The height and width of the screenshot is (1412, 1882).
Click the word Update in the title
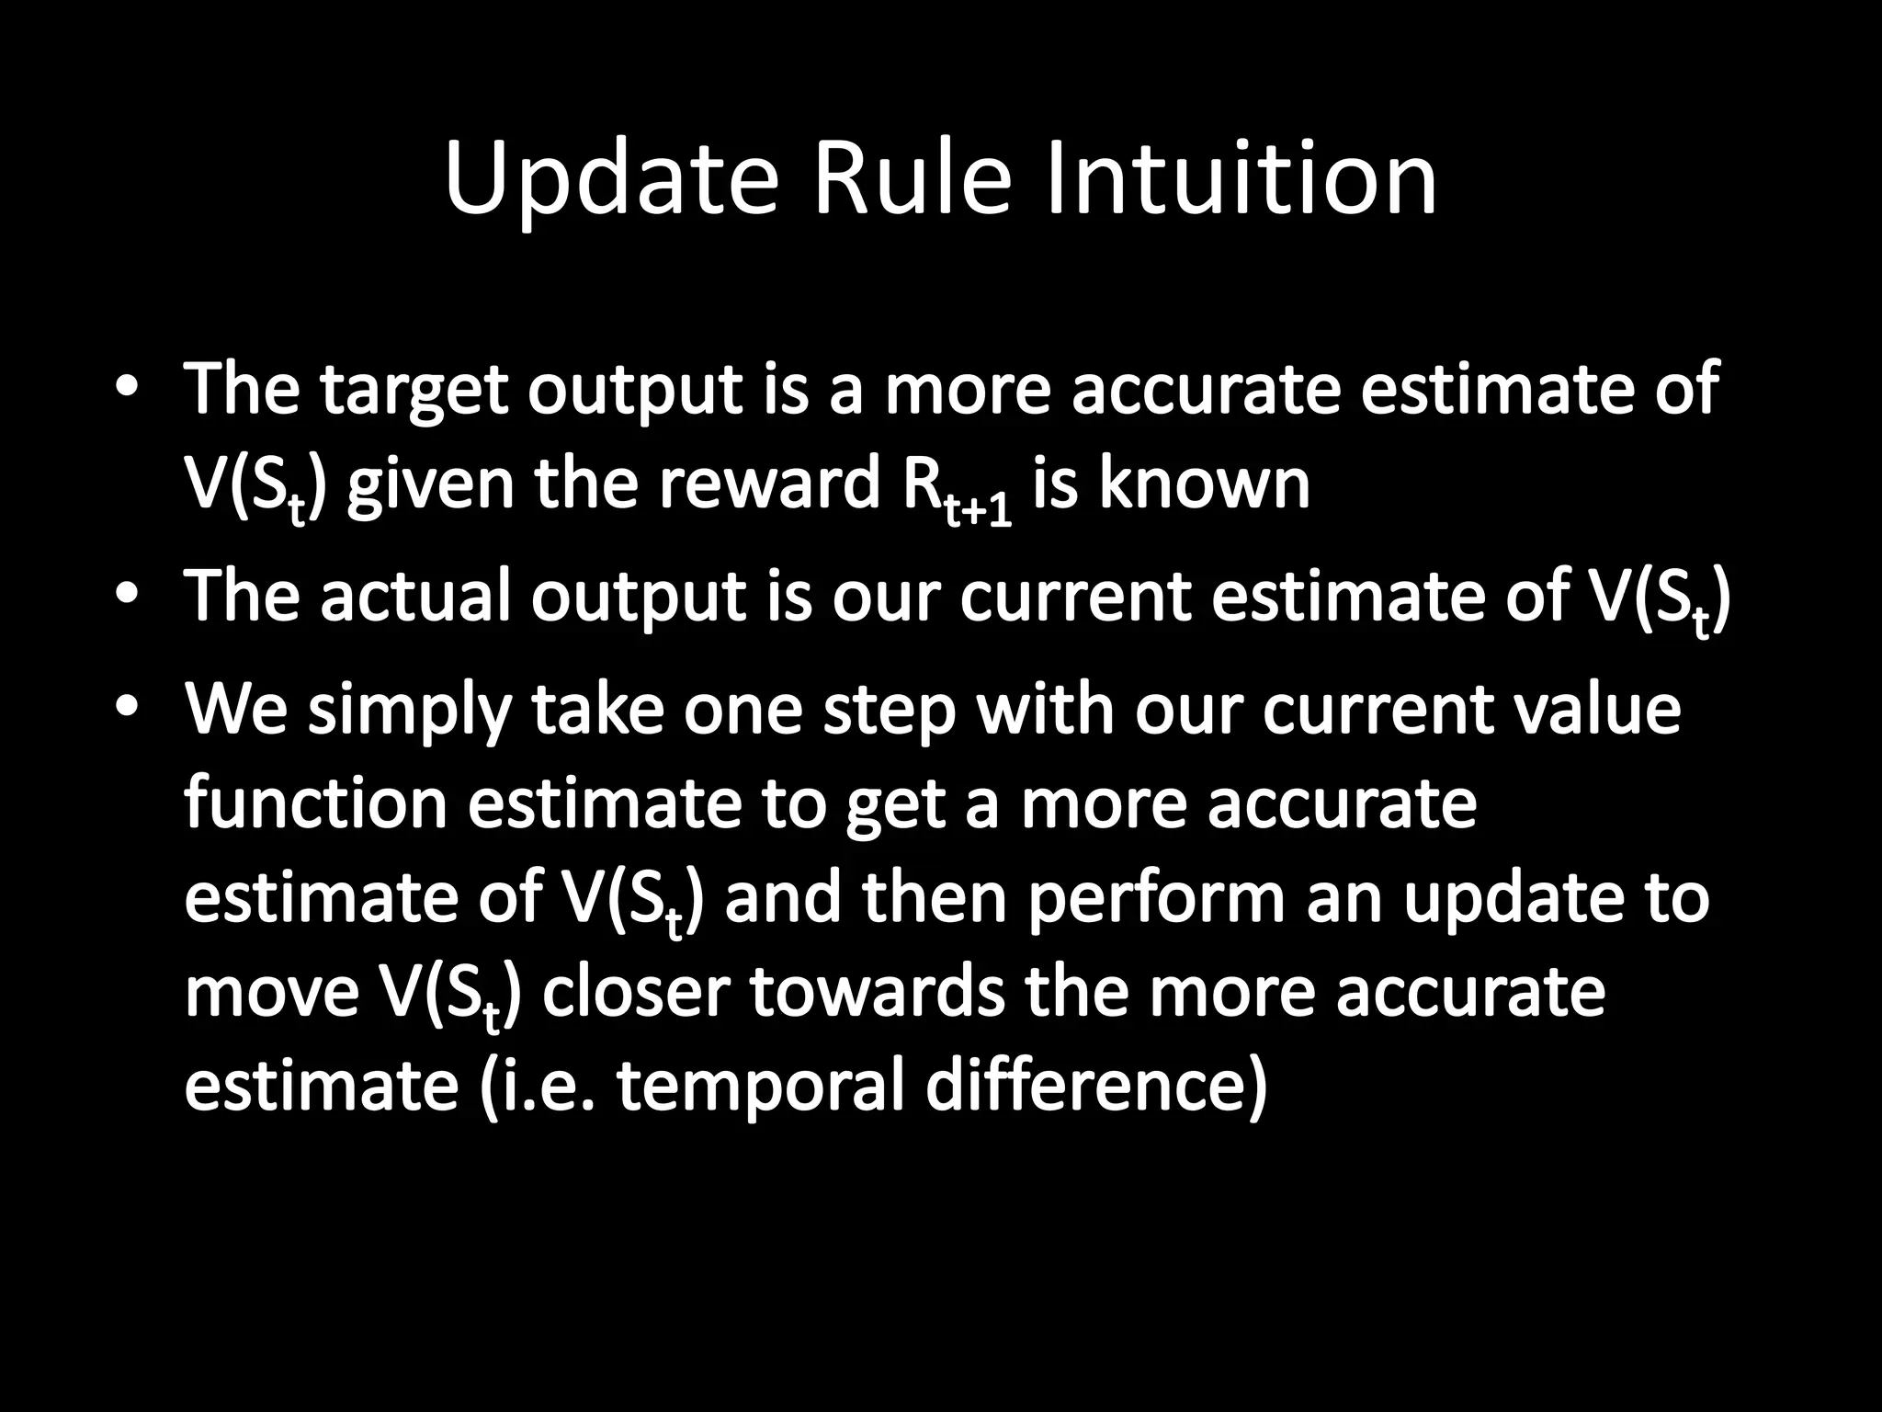click(610, 179)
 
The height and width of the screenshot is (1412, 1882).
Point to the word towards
click(878, 993)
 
